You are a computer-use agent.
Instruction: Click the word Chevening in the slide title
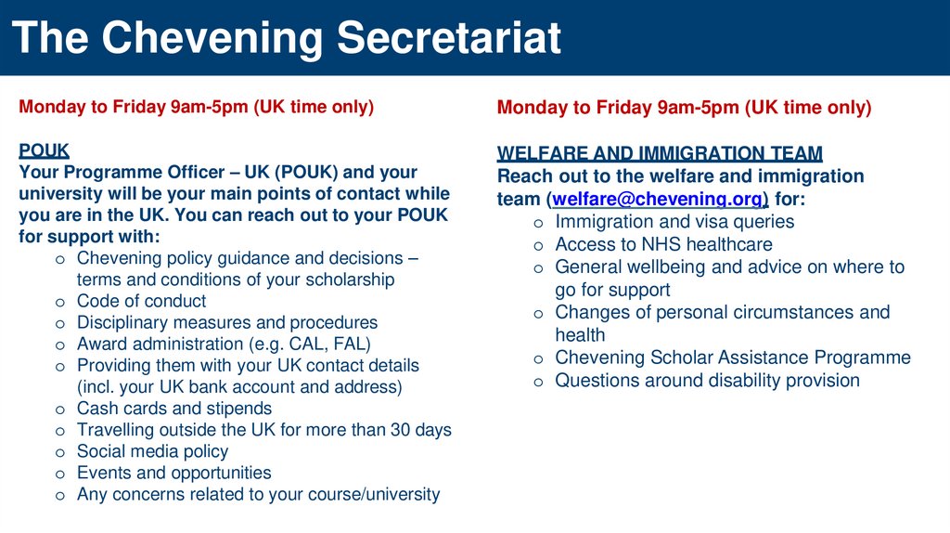213,38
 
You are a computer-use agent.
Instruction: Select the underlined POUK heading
44,150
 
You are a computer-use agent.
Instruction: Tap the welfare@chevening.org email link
660,199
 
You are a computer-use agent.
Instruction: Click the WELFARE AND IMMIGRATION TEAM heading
660,153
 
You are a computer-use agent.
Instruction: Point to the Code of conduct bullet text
141,301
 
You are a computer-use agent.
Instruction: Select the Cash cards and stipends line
174,409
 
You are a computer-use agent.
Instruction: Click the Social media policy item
152,451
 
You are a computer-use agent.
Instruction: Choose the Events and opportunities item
173,473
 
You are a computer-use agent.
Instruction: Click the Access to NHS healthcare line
663,244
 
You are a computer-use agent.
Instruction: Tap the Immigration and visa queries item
674,222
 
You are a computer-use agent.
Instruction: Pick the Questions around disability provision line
707,380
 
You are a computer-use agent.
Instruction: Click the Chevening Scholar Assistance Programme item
733,357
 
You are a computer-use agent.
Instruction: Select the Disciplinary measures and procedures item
227,322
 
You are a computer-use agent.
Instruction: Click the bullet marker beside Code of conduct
59,302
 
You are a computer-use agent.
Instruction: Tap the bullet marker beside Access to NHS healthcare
538,245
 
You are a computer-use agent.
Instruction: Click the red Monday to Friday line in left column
196,107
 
